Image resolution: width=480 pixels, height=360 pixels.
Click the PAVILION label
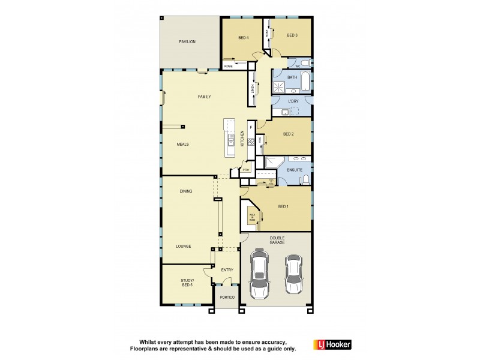click(187, 41)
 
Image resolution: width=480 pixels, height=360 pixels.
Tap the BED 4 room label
click(243, 38)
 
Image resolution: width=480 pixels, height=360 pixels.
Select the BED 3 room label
click(292, 35)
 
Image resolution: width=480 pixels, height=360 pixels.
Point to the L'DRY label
click(293, 101)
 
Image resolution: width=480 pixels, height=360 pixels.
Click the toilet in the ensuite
click(305, 178)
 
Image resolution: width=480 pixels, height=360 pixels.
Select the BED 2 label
click(288, 134)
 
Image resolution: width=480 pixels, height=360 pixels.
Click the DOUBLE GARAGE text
click(277, 240)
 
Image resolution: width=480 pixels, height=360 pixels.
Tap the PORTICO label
click(226, 298)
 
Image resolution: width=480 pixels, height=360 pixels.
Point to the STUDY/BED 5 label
click(187, 282)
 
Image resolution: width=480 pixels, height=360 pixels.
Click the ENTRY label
click(227, 270)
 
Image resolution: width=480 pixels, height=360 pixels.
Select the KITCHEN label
click(242, 138)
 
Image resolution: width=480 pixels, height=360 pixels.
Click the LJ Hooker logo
click(332, 344)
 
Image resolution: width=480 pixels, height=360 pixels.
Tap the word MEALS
click(183, 145)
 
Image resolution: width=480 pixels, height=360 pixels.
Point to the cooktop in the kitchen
click(251, 142)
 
